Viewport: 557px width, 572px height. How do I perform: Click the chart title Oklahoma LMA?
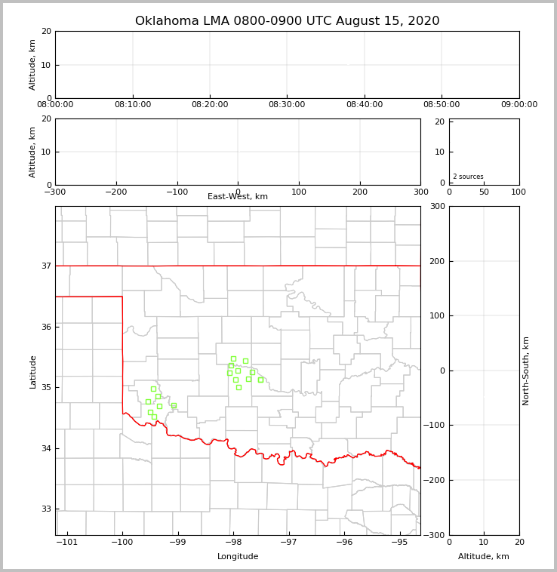coord(287,21)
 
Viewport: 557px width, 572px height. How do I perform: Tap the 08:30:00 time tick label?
coord(287,105)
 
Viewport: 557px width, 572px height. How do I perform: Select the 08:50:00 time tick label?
coord(442,105)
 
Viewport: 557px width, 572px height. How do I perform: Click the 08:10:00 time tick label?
coord(133,105)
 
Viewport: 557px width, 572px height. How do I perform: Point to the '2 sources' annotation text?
coord(468,177)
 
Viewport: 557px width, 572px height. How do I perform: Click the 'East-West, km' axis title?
coord(238,197)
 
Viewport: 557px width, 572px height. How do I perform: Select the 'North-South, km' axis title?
coord(526,371)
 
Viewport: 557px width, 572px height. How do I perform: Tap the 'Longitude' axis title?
coord(238,557)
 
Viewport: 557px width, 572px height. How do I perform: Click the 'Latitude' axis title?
coord(32,371)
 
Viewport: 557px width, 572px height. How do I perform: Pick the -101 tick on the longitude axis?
coord(68,542)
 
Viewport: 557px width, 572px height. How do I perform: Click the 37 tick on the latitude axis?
coord(46,266)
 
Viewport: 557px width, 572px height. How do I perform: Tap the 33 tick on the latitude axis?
coord(46,509)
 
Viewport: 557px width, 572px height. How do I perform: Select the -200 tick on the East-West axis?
coord(115,192)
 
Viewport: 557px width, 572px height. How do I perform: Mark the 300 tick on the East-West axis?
coord(420,192)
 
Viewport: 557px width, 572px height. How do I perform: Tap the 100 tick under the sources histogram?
coord(519,192)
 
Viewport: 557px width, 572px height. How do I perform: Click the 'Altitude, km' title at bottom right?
coord(484,557)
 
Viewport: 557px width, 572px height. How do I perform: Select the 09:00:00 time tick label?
coord(519,105)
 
